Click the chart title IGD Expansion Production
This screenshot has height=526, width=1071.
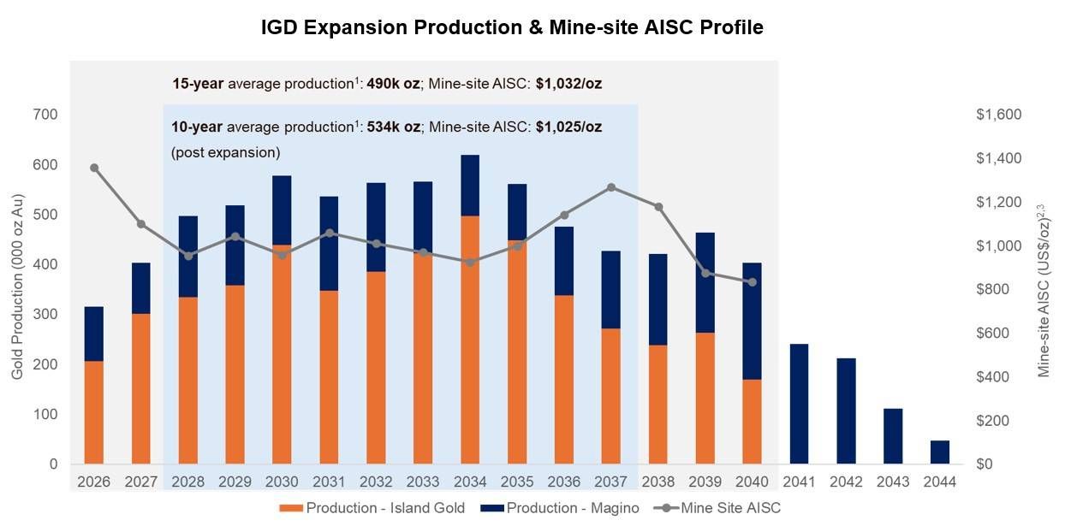(x=512, y=27)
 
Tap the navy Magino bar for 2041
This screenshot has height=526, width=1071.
(x=798, y=404)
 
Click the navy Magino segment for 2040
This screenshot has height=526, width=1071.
(x=751, y=321)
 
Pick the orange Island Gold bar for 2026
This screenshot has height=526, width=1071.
(x=93, y=412)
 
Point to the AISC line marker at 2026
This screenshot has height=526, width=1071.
(x=93, y=168)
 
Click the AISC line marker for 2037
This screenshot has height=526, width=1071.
(x=610, y=187)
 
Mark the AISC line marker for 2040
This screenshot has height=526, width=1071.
(x=751, y=282)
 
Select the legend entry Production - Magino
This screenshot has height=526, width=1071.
(x=573, y=508)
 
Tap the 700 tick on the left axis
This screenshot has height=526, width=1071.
(x=46, y=115)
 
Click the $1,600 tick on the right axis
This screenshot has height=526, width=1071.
(x=997, y=115)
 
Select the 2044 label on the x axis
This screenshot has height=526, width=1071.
(x=938, y=481)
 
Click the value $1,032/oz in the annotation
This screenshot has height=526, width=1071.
(x=574, y=84)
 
